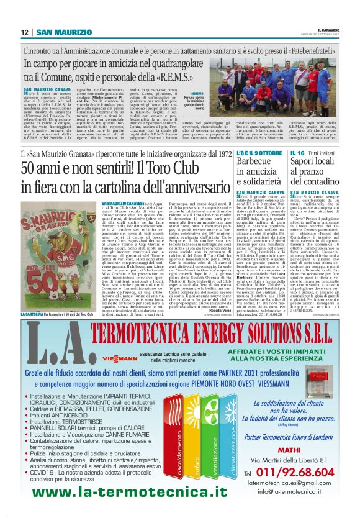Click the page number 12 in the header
point(24,32)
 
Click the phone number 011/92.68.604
point(294,472)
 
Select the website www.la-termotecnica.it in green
point(130,493)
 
